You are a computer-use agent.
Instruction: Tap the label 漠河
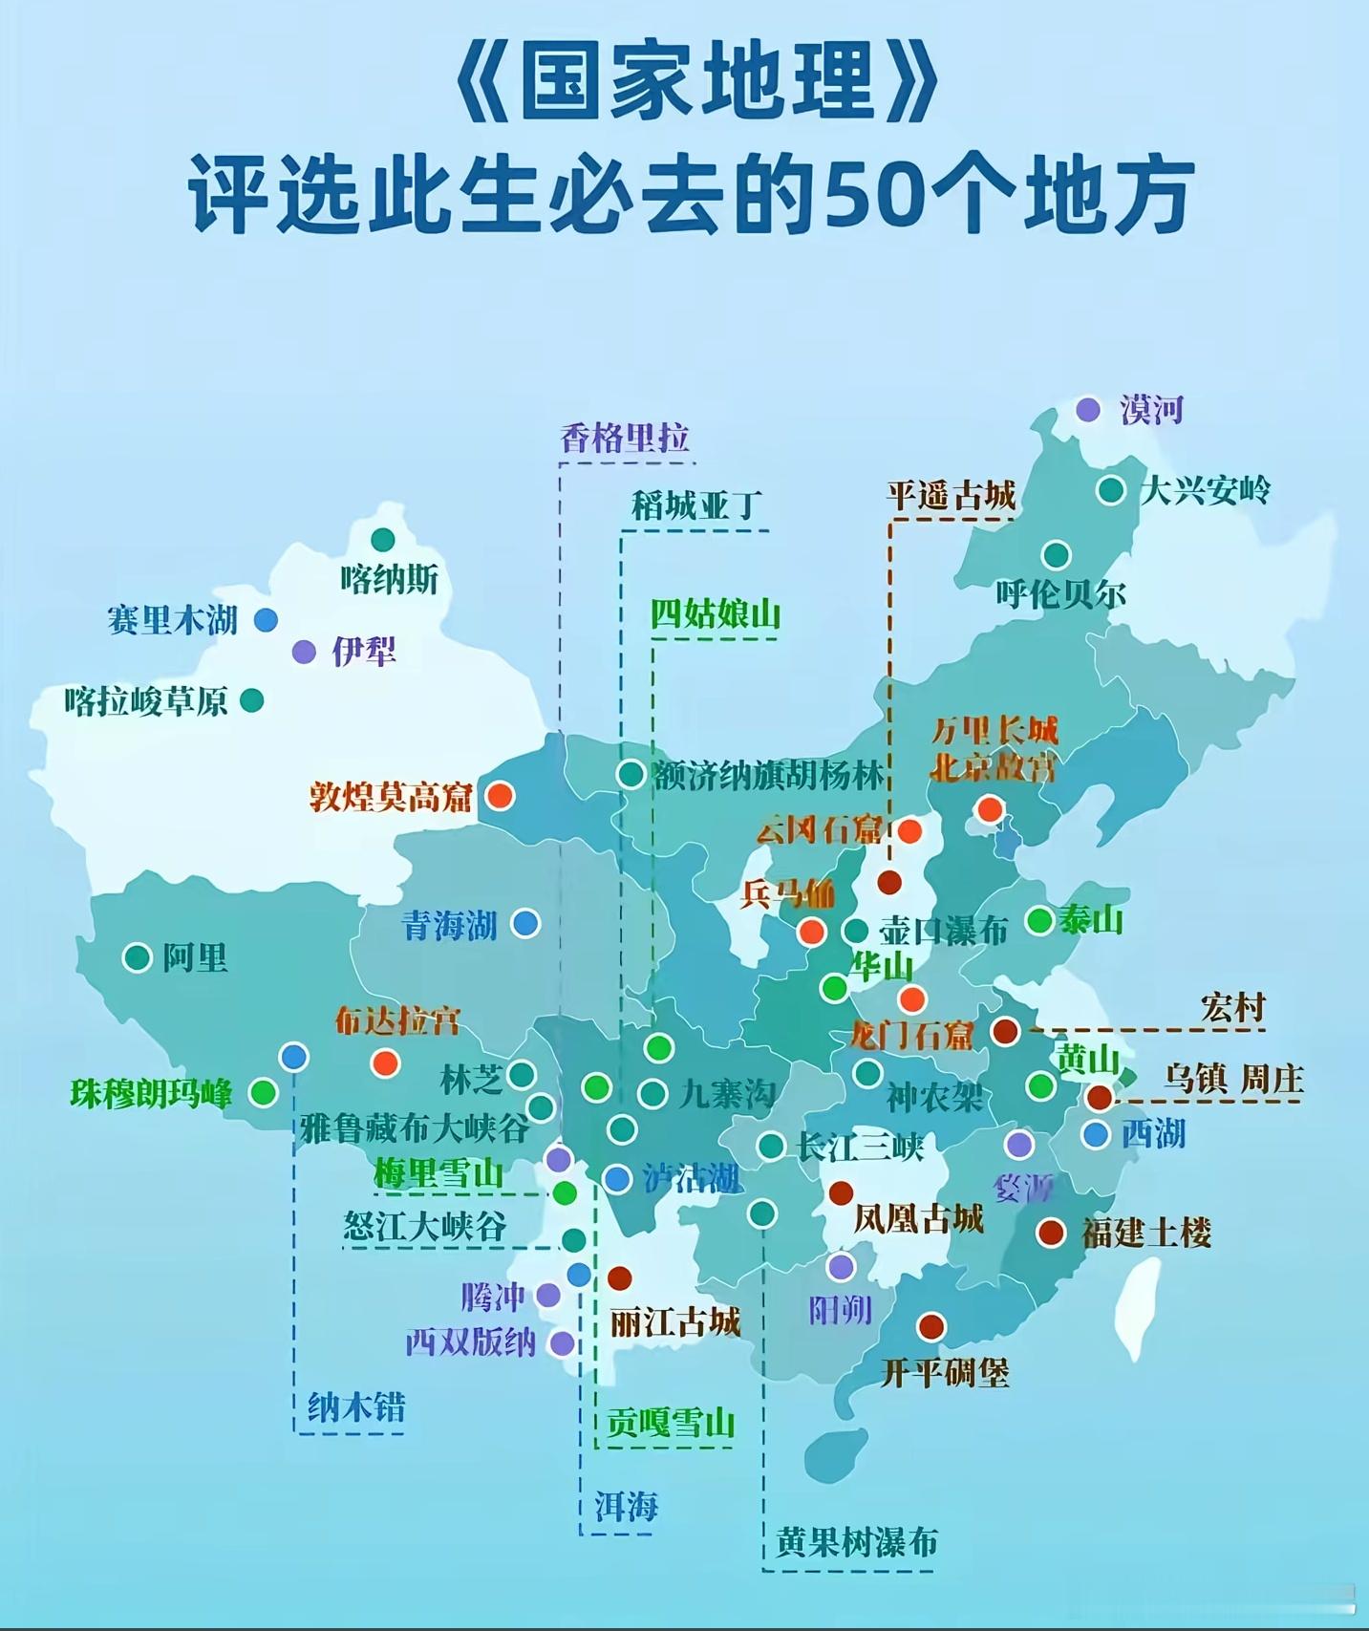pyautogui.click(x=1152, y=410)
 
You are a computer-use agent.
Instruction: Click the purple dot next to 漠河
pyautogui.click(x=1087, y=410)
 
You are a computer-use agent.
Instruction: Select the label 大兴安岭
pyautogui.click(x=1206, y=491)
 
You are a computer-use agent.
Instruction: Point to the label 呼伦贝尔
pyautogui.click(x=1060, y=594)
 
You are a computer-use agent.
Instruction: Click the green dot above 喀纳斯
pyautogui.click(x=383, y=540)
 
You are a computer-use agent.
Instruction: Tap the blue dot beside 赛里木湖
pyautogui.click(x=266, y=620)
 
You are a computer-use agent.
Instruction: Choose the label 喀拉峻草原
pyautogui.click(x=146, y=702)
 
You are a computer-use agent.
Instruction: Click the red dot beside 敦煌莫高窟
pyautogui.click(x=500, y=795)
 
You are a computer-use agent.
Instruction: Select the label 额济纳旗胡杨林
pyautogui.click(x=769, y=775)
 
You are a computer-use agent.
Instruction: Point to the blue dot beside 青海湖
pyautogui.click(x=525, y=923)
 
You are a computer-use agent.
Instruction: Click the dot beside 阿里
pyautogui.click(x=138, y=956)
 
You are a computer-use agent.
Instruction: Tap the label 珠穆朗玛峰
pyautogui.click(x=151, y=1093)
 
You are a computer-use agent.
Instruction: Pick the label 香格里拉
pyautogui.click(x=625, y=439)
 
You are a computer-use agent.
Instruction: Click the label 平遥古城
pyautogui.click(x=951, y=496)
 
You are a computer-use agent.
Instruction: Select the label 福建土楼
pyautogui.click(x=1146, y=1233)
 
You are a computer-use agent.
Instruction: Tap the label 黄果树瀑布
pyautogui.click(x=857, y=1542)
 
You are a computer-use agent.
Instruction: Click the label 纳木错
pyautogui.click(x=356, y=1406)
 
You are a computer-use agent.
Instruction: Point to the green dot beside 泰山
pyautogui.click(x=1039, y=920)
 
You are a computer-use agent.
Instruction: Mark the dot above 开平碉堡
pyautogui.click(x=931, y=1326)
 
